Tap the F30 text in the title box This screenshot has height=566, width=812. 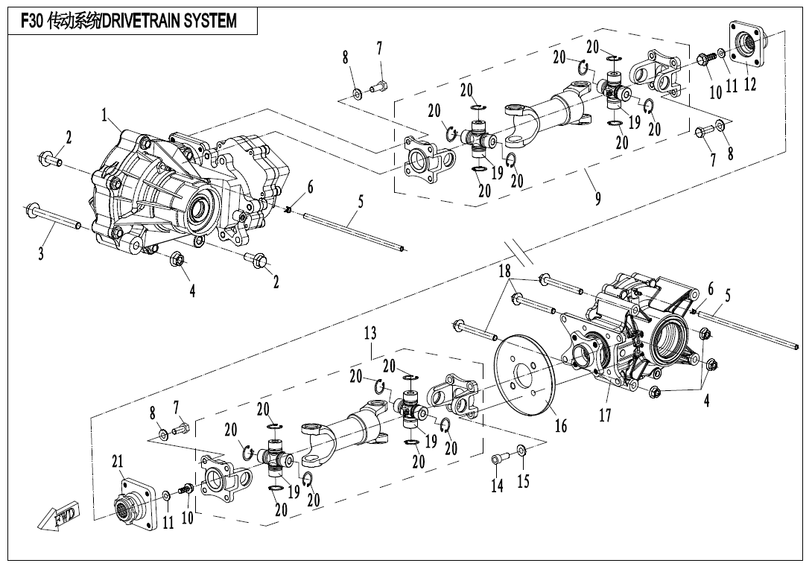(x=29, y=22)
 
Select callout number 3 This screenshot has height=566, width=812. (x=42, y=254)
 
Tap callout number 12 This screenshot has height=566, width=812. (x=749, y=84)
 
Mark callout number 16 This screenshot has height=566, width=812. (x=560, y=425)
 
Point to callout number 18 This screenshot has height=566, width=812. (x=506, y=270)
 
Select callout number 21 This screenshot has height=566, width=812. (x=117, y=462)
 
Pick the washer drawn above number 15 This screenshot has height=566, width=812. (x=521, y=450)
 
